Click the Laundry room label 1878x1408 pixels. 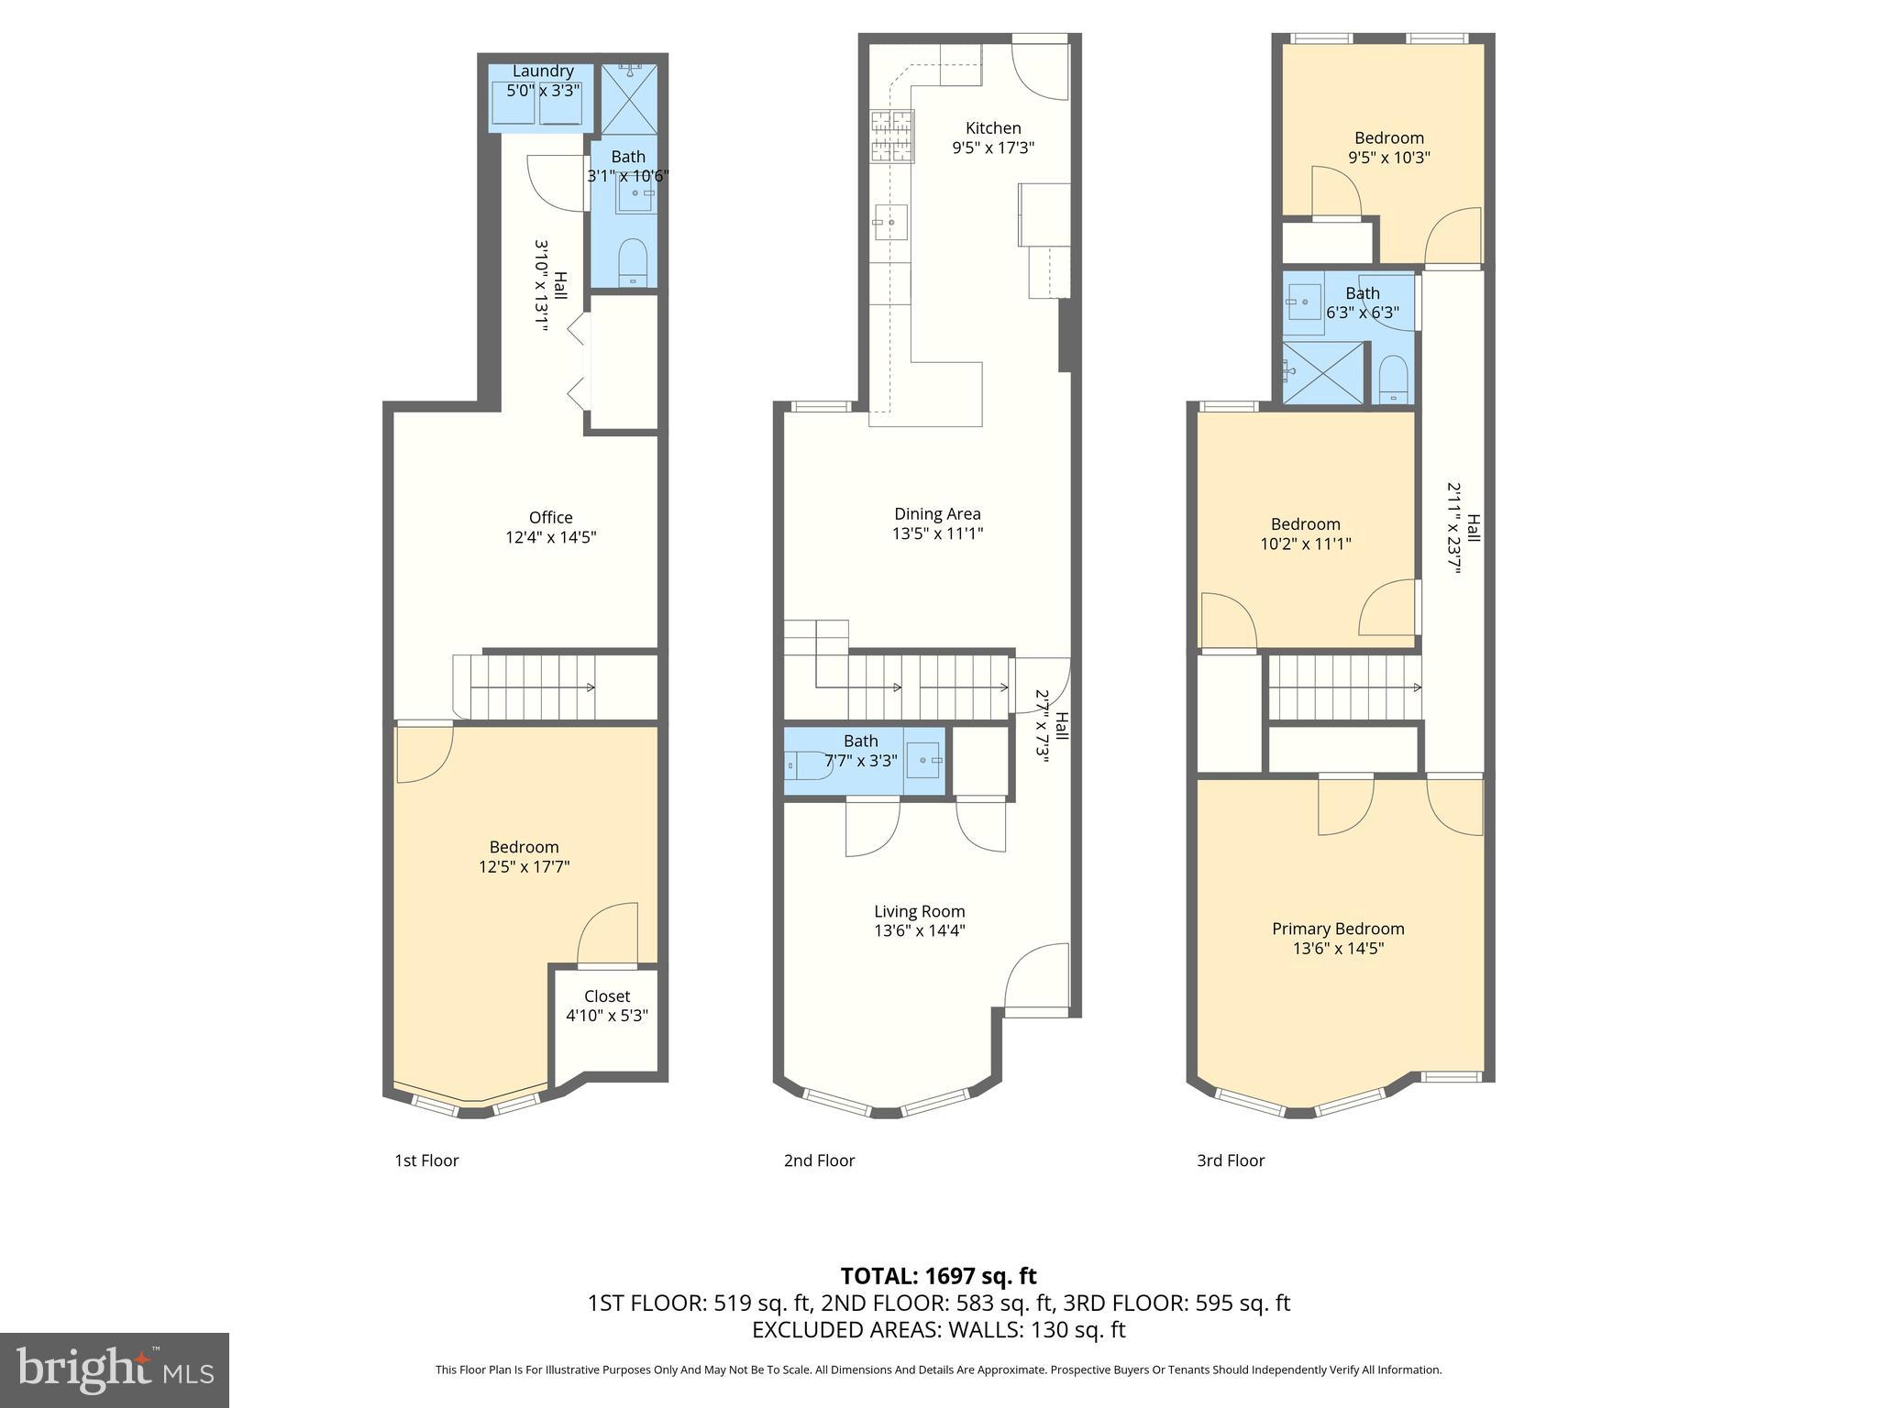click(543, 71)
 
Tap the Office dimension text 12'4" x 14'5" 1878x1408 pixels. click(550, 537)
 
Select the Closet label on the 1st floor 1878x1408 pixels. click(607, 996)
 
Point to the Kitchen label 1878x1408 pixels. click(993, 128)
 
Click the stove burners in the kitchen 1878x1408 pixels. click(892, 137)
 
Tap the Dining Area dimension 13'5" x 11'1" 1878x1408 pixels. click(937, 533)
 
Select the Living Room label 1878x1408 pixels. click(919, 911)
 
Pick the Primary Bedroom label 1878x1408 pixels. click(1338, 929)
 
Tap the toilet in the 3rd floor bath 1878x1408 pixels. click(1393, 379)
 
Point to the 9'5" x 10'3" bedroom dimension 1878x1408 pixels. click(1388, 158)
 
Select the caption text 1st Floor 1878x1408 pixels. click(426, 1160)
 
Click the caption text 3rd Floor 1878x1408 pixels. click(1230, 1160)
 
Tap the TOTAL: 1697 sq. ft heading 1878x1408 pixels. click(938, 1276)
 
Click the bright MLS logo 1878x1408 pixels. click(115, 1370)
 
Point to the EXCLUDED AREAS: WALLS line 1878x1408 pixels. click(938, 1329)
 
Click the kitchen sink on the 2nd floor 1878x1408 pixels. click(890, 222)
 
